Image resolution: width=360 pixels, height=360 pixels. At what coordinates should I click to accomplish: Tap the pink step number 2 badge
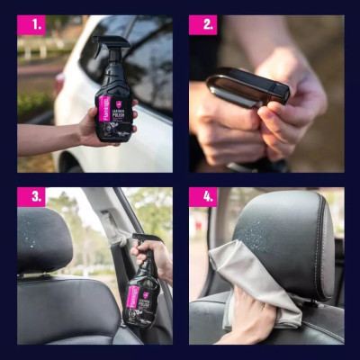click(x=202, y=24)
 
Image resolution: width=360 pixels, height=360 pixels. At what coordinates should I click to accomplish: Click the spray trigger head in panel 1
click(x=112, y=44)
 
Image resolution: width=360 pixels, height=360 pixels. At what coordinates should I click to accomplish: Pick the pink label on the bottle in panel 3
click(x=131, y=296)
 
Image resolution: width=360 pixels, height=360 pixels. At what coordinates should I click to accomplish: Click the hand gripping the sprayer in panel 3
click(x=155, y=260)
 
